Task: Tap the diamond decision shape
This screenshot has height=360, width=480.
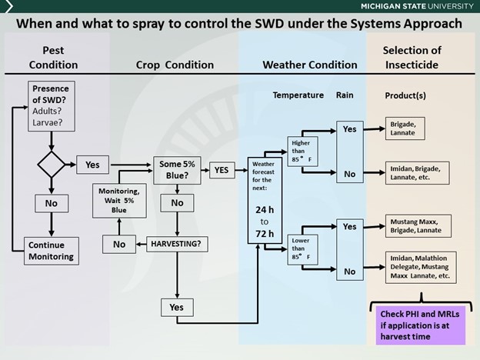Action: pos(51,164)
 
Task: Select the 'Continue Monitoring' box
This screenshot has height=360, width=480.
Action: pos(51,251)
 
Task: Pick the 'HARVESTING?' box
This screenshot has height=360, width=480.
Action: pos(177,245)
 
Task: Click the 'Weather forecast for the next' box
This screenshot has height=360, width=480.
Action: pos(263,201)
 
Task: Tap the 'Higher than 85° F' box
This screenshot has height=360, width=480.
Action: pos(299,150)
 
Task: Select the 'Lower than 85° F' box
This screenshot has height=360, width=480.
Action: pos(299,248)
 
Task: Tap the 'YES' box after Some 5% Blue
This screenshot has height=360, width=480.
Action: pos(222,170)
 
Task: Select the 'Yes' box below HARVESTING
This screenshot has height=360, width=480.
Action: pos(177,307)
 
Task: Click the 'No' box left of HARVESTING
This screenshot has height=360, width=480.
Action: pos(119,244)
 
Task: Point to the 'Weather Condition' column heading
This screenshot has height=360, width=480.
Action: pos(310,65)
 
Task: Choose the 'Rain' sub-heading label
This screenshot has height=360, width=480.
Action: pos(344,95)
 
